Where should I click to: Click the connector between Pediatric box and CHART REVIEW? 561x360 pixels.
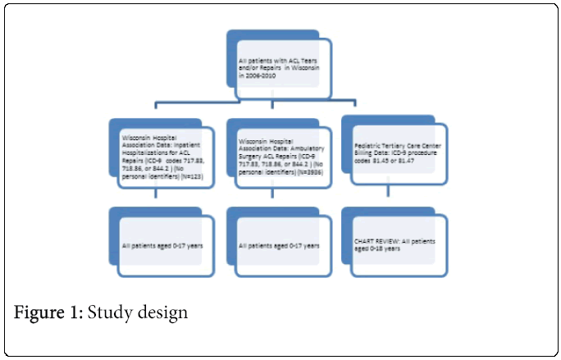point(388,195)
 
